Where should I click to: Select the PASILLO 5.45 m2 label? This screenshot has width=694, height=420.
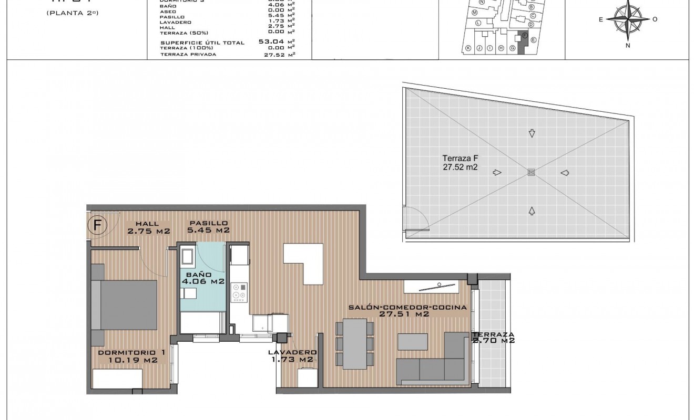click(x=209, y=226)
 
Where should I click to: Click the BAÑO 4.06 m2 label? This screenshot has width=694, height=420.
click(x=203, y=278)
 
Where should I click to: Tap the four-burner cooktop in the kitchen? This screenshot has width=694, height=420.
click(x=240, y=292)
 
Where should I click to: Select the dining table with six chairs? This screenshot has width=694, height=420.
click(x=355, y=344)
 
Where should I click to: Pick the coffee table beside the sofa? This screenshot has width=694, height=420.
click(x=413, y=342)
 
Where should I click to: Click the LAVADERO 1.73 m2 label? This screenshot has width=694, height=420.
click(x=292, y=355)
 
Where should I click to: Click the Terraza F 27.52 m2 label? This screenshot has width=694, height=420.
click(x=460, y=163)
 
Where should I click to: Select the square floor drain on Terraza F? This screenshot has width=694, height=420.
click(x=531, y=172)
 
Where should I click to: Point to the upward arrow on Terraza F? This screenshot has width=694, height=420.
click(x=532, y=211)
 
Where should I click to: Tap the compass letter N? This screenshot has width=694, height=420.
click(x=628, y=45)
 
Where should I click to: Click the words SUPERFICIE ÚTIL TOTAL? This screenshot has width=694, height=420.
click(x=202, y=43)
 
